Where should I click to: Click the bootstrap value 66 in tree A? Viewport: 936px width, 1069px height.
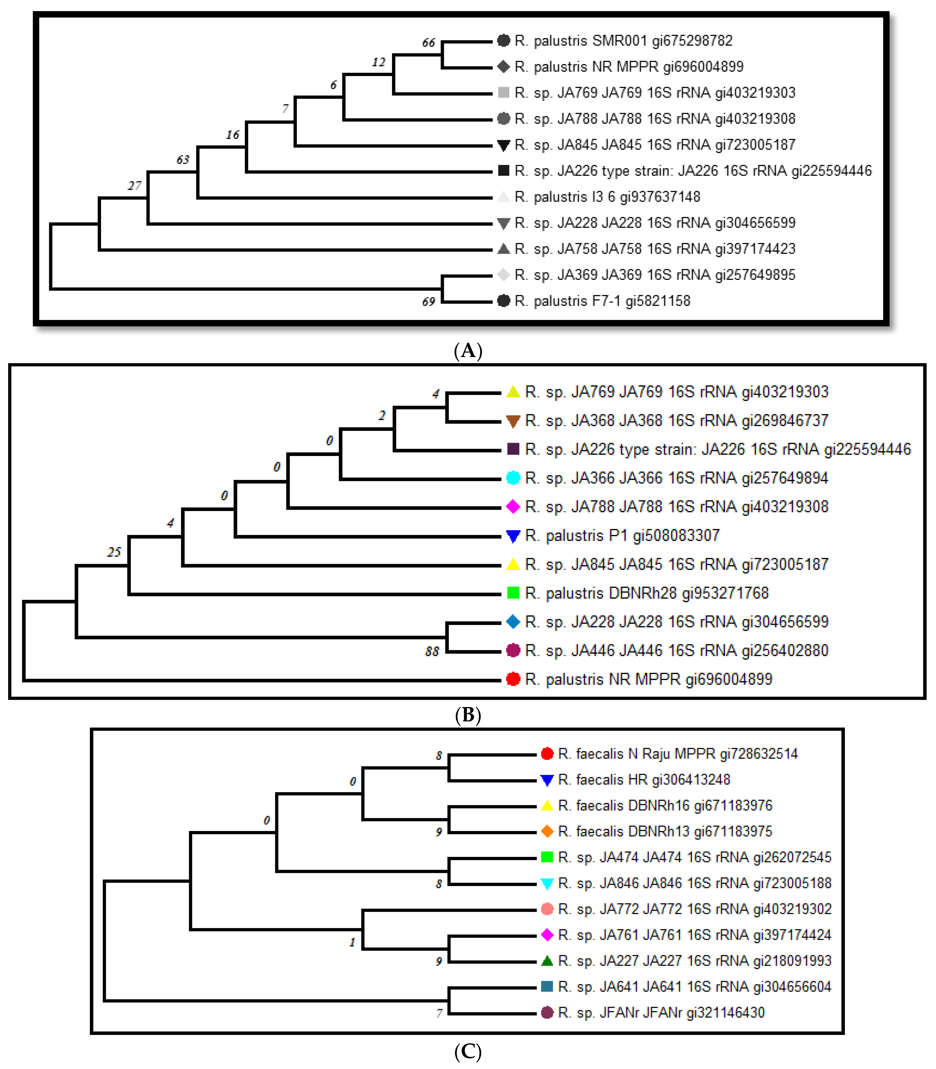coord(428,43)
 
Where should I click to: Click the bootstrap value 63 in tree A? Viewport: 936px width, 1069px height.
coord(183,160)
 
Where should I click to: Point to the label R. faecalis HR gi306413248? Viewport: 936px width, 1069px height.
coord(643,780)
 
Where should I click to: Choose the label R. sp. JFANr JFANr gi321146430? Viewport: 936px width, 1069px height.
coord(661,1013)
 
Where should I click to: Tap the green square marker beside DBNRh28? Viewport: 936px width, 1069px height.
coord(513,593)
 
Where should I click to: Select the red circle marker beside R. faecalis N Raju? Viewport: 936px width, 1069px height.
coord(547,753)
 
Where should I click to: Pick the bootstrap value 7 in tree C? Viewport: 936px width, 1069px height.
coord(439,1013)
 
